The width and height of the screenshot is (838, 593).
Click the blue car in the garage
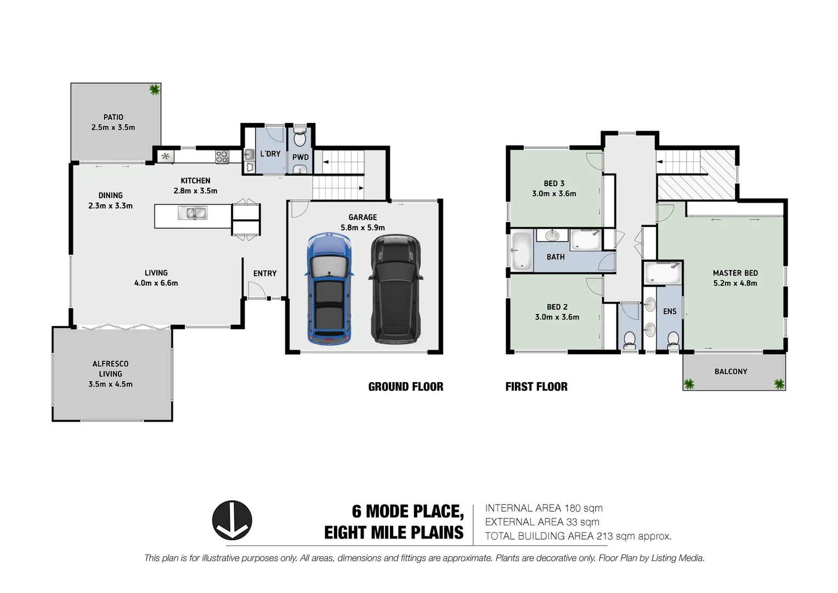[x=329, y=289]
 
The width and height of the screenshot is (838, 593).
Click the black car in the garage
[x=397, y=289]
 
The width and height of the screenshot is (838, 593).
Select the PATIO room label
[x=113, y=117]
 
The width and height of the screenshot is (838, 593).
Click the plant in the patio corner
[x=155, y=89]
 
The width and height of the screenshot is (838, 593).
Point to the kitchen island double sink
[x=192, y=212]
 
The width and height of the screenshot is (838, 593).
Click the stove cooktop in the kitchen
[x=222, y=156]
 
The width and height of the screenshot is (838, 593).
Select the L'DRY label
[x=270, y=154]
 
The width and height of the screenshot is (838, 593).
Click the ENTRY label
[x=265, y=273]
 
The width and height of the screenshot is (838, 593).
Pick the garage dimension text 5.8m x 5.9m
[x=363, y=227]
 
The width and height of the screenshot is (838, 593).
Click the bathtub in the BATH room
[x=521, y=251]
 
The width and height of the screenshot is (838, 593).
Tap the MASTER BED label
[x=735, y=273]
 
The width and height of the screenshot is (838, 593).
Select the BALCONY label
[x=731, y=372]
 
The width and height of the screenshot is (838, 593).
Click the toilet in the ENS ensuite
[x=673, y=340]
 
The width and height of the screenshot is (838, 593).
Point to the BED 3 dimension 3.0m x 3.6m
[x=554, y=193]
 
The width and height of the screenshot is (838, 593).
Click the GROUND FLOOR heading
[x=405, y=387]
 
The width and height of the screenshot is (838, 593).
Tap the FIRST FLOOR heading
[x=536, y=387]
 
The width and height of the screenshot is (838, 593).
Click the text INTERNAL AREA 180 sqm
[x=543, y=508]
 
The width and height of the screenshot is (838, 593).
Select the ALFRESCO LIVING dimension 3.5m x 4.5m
[x=110, y=384]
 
